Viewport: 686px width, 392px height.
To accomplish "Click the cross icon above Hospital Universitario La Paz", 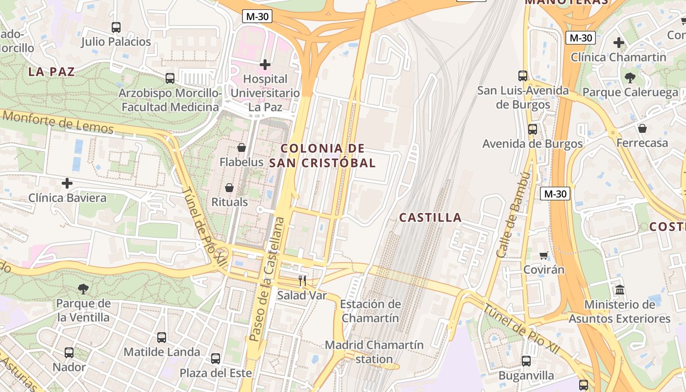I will point(265,64).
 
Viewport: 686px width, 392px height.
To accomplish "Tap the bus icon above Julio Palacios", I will point(116,27).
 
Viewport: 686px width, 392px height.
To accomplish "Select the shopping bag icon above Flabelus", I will point(241,147).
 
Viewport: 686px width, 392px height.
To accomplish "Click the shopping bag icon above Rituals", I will point(229,187).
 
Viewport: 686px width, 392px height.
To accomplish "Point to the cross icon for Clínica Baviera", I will point(67,183).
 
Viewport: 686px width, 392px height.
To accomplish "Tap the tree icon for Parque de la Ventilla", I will point(83,289).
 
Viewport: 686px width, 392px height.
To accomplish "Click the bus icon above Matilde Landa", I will point(161,337).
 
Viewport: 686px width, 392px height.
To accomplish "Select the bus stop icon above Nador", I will point(69,352).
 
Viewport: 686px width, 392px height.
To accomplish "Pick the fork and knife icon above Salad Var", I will point(302,281).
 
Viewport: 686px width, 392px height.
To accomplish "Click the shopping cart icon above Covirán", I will point(543,255).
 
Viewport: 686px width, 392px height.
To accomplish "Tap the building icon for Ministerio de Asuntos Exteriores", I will point(620,290).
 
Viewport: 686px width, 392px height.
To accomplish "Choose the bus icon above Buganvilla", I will point(526,361).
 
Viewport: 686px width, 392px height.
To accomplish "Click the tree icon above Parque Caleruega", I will point(630,77).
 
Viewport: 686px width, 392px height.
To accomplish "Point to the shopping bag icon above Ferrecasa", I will point(642,128).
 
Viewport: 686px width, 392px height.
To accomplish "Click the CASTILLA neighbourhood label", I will point(430,218).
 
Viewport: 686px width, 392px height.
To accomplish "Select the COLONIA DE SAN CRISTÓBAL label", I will point(323,155).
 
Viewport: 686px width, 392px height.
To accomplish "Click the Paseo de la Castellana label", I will point(267,279).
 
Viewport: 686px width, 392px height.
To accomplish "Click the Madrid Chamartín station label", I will point(374,352).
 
